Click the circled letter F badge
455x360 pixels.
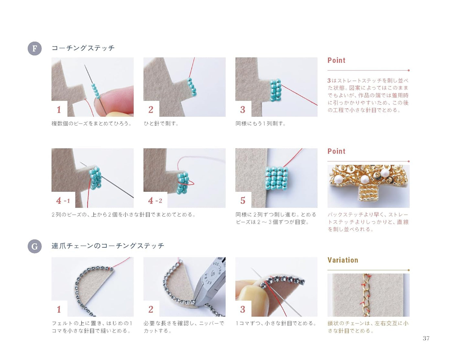[35, 49]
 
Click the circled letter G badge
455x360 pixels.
[35, 247]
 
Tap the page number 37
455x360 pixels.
[426, 338]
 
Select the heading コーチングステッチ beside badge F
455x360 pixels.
[83, 48]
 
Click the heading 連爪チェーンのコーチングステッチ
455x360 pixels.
[108, 246]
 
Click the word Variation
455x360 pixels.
[343, 260]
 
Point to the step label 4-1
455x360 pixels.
[63, 201]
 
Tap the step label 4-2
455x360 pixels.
[155, 201]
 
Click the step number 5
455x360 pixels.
[243, 201]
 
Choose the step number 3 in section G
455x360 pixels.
[243, 309]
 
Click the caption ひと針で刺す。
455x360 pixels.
[161, 124]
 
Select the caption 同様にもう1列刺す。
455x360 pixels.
[261, 124]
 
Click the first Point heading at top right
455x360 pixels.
[336, 60]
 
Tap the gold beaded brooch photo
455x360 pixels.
[368, 186]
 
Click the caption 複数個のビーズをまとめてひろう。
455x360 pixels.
[92, 124]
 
